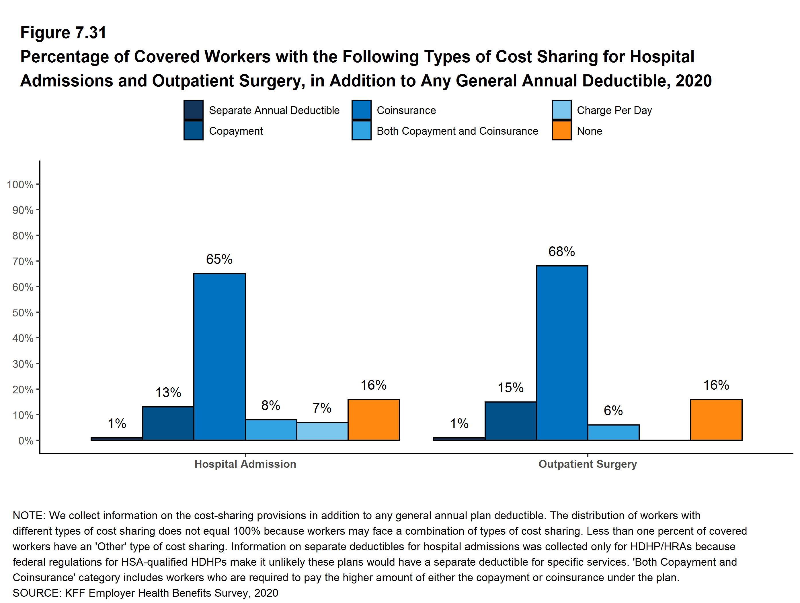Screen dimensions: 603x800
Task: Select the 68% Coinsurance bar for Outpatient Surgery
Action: point(562,353)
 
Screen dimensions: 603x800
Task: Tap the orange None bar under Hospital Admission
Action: point(374,420)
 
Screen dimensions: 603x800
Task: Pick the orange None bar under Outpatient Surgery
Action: point(716,420)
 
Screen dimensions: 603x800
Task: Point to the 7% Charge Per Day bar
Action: point(322,431)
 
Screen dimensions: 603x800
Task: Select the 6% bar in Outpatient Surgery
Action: point(613,432)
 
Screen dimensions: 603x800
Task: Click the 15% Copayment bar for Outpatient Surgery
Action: point(510,421)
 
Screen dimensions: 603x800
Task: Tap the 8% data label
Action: point(270,405)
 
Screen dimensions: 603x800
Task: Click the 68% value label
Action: point(561,251)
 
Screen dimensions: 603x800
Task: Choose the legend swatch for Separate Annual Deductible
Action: point(193,110)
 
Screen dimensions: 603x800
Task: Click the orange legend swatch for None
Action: point(561,130)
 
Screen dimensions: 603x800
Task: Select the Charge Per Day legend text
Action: point(614,110)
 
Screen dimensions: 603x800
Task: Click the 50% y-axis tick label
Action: point(23,312)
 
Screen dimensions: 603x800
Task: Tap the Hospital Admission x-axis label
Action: point(245,464)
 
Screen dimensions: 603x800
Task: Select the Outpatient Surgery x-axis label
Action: point(587,464)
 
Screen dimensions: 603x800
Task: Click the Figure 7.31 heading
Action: point(63,33)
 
